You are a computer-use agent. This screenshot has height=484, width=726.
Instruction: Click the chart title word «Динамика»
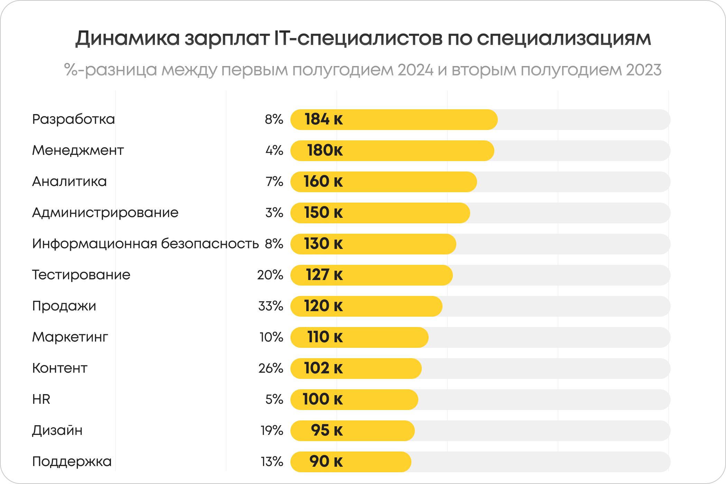pyautogui.click(x=127, y=38)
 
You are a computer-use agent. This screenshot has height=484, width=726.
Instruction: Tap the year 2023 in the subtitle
pyautogui.click(x=644, y=70)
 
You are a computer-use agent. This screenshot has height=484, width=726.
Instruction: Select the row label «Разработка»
pyautogui.click(x=73, y=119)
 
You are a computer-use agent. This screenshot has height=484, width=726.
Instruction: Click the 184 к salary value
pyautogui.click(x=324, y=119)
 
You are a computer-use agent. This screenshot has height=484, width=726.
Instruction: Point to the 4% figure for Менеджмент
pyautogui.click(x=274, y=150)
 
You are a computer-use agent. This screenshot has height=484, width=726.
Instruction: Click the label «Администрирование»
pyautogui.click(x=105, y=213)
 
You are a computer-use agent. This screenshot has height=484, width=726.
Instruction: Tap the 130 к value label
pyautogui.click(x=323, y=244)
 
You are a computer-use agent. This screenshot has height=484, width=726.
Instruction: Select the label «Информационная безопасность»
pyautogui.click(x=145, y=244)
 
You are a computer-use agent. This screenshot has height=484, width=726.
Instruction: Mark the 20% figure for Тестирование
pyautogui.click(x=270, y=275)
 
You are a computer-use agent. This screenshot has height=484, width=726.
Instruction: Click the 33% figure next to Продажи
pyautogui.click(x=271, y=306)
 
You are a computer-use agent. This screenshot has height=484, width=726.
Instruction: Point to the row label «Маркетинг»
pyautogui.click(x=70, y=337)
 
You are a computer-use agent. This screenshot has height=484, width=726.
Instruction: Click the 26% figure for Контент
pyautogui.click(x=271, y=368)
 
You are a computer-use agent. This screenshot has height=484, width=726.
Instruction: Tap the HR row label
pyautogui.click(x=41, y=399)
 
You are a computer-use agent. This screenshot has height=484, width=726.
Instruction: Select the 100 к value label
pyautogui.click(x=323, y=399)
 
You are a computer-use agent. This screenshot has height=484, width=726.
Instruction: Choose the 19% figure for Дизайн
pyautogui.click(x=272, y=430)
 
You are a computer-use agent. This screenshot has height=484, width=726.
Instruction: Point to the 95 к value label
pyautogui.click(x=327, y=430)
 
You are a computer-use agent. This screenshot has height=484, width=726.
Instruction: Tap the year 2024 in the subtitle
pyautogui.click(x=415, y=70)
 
